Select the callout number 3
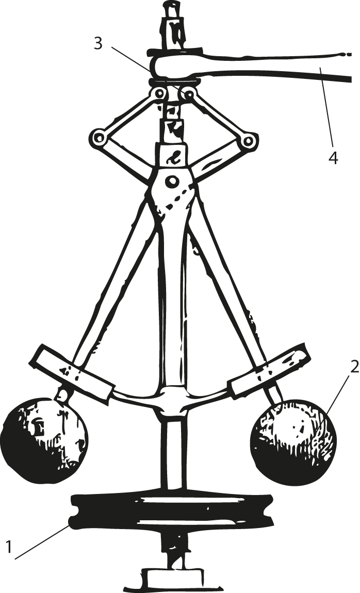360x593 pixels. click(x=98, y=44)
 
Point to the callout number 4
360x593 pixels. click(x=333, y=158)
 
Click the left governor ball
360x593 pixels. click(x=44, y=440)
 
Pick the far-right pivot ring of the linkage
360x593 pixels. click(x=248, y=141)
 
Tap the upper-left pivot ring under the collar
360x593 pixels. click(x=159, y=93)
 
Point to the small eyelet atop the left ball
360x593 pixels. click(x=62, y=395)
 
